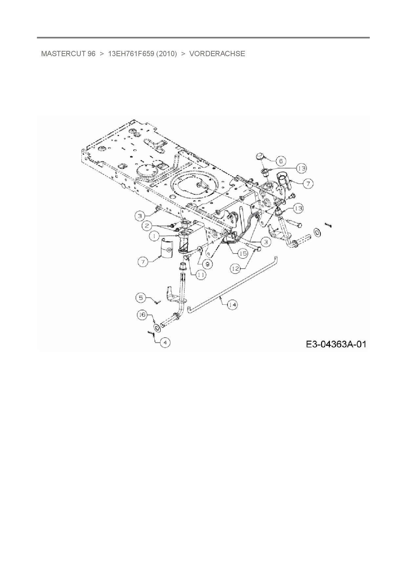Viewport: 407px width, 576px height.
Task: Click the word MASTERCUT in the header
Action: click(63, 54)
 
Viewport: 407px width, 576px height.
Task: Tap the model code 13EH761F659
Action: click(131, 54)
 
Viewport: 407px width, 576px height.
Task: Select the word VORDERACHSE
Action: click(217, 54)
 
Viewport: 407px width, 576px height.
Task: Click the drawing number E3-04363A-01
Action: click(336, 344)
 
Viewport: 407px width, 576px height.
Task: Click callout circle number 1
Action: click(153, 236)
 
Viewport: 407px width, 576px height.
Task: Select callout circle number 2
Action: click(147, 226)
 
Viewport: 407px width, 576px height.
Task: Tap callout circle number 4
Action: click(165, 343)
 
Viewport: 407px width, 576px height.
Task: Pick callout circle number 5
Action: click(141, 298)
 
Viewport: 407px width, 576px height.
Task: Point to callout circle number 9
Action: click(207, 263)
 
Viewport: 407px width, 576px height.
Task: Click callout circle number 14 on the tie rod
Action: click(232, 305)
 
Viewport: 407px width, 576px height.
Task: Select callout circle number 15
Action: click(243, 253)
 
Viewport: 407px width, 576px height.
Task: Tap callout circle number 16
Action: click(142, 315)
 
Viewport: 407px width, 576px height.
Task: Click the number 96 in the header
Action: click(91, 54)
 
